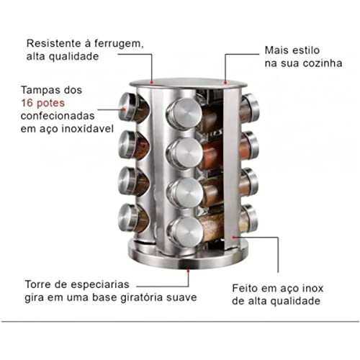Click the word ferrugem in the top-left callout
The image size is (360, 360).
coord(118,42)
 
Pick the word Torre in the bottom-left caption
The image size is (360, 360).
coord(36,284)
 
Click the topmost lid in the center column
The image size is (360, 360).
coord(181,112)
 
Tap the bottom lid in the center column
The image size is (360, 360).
coord(181,230)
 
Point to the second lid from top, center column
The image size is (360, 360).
coord(181,152)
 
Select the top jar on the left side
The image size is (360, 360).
coord(134,107)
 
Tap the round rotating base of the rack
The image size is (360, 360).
coord(187,256)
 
